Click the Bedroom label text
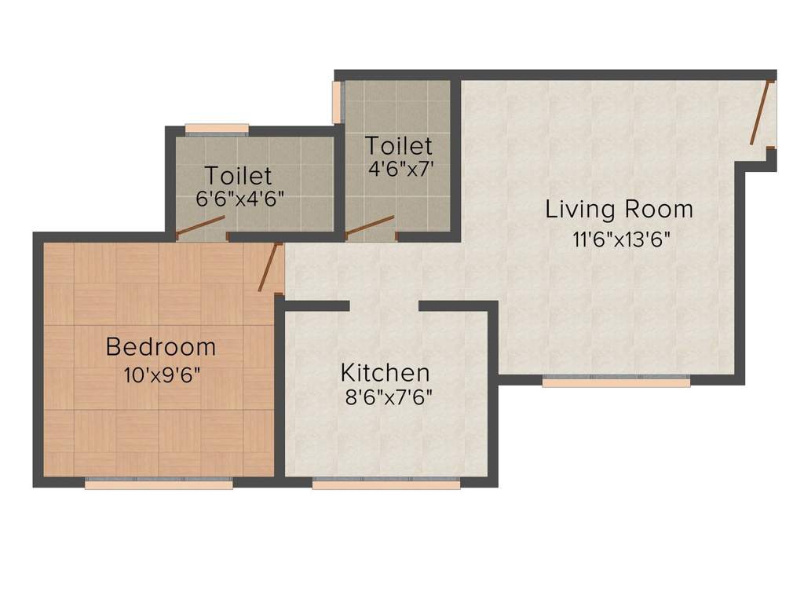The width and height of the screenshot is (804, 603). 160,346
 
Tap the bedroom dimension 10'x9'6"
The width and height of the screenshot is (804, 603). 162,375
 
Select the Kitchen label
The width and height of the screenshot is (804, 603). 384,372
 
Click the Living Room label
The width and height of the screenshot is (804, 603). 619,210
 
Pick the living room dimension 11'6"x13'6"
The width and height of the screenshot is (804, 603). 621,240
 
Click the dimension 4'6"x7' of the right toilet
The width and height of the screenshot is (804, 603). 400,169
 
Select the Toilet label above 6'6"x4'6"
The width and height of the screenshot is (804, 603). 238,175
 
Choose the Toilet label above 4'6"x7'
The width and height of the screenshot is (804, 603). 398,146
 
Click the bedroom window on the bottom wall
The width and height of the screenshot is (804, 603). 159,484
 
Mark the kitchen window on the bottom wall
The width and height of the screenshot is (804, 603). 386,484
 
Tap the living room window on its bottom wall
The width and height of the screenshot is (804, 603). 616,382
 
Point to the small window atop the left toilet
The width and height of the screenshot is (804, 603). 217,128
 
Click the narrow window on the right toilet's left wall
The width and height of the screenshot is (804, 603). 338,101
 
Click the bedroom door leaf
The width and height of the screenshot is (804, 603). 270,267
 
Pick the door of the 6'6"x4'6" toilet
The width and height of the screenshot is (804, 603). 200,228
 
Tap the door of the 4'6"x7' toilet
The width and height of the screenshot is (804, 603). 370,226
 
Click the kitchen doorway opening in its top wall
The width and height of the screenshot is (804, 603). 384,306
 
